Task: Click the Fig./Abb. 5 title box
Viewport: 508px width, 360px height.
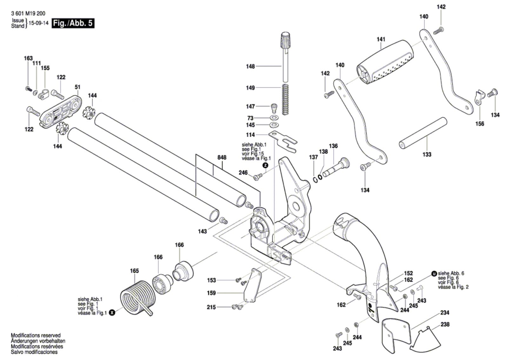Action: (x=73, y=23)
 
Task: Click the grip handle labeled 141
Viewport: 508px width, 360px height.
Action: (x=385, y=62)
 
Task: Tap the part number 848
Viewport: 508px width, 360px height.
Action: (x=222, y=158)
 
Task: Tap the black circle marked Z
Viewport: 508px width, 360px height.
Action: (x=265, y=165)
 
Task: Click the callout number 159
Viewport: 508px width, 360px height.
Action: (x=211, y=293)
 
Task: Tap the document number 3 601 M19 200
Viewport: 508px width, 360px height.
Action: (x=28, y=14)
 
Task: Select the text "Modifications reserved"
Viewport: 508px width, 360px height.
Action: (x=36, y=335)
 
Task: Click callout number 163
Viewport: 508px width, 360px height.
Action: (x=28, y=58)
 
